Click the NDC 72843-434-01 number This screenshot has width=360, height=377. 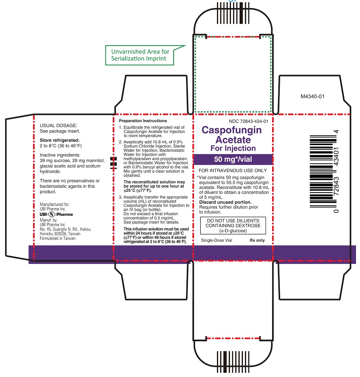click(248, 121)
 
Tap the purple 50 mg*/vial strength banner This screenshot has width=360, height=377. click(233, 159)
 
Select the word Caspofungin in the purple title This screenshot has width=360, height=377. click(232, 130)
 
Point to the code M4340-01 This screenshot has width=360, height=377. click(312, 96)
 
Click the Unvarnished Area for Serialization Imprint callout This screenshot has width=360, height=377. click(140, 55)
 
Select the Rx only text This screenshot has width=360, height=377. click(257, 240)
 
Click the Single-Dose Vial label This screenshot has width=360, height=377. click(216, 240)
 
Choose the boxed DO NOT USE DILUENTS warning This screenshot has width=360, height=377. click(233, 226)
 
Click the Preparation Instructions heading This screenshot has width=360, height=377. click(143, 121)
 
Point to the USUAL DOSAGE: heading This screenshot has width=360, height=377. click(58, 125)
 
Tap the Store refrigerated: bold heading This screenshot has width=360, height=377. click(60, 140)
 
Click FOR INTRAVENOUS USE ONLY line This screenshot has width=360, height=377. click(233, 171)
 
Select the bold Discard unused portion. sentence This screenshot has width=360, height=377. click(225, 202)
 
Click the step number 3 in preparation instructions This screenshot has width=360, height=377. click(120, 197)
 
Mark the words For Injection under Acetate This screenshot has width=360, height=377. click(233, 148)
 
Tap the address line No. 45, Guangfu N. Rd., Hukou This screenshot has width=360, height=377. click(65, 229)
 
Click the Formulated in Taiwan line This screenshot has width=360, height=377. click(58, 238)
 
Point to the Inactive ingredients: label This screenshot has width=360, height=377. click(60, 155)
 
